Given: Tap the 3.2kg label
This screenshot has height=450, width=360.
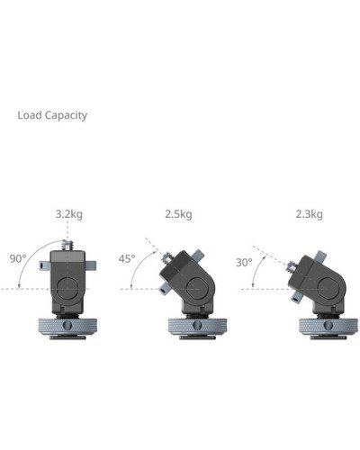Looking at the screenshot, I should [x=68, y=214].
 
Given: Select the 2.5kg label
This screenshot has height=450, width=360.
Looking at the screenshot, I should [x=178, y=214].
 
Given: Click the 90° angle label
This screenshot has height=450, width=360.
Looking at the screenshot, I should [x=17, y=257].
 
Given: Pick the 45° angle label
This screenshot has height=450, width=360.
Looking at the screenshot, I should [x=127, y=258].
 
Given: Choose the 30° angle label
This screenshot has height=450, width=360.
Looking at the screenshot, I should [x=243, y=263].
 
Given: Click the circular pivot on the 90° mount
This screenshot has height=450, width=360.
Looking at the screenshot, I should [x=70, y=287].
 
